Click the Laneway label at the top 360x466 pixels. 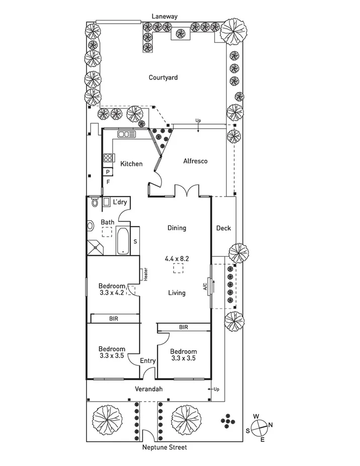[x=165, y=16]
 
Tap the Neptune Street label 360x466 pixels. [x=165, y=447]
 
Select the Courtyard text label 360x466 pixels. [x=163, y=77]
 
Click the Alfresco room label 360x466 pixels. [x=195, y=161]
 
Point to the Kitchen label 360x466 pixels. [x=131, y=164]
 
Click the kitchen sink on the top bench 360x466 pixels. [x=125, y=134]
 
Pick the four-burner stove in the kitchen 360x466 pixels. [x=108, y=158]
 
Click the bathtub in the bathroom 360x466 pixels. [x=123, y=241]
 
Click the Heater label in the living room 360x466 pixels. [x=146, y=275]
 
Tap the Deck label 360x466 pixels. [x=223, y=228]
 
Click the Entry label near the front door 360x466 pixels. [x=148, y=360]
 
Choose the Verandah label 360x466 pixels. [x=149, y=389]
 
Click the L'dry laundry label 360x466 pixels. [x=120, y=202]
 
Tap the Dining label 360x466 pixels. [x=176, y=228]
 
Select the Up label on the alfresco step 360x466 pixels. [x=198, y=121]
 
